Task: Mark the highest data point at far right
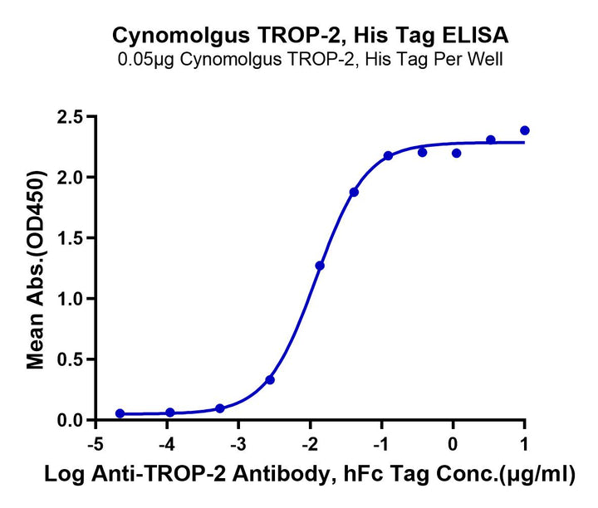525,130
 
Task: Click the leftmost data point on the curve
120,413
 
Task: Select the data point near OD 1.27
320,266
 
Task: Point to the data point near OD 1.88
354,192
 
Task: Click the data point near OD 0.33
270,379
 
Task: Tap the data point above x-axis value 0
457,153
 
